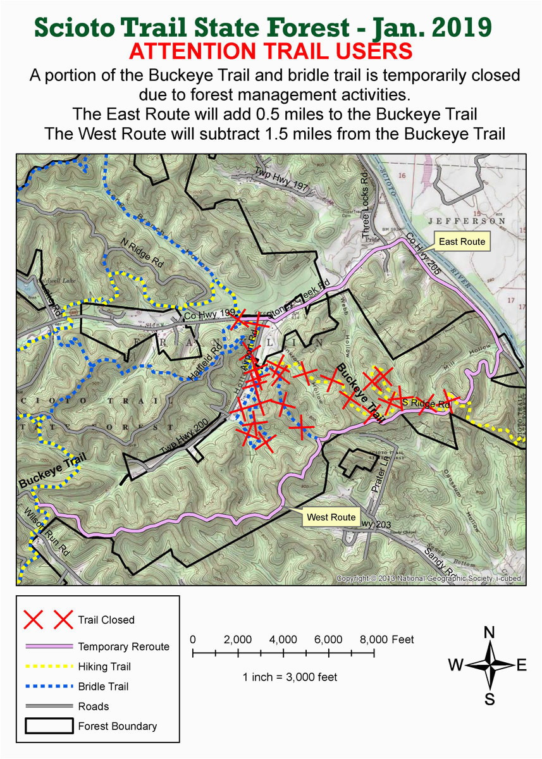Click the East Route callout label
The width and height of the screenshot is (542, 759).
[x=462, y=242]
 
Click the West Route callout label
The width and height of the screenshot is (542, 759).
[x=331, y=517]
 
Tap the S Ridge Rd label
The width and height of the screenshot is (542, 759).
[x=426, y=403]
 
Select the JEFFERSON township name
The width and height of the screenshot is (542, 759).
[x=467, y=222]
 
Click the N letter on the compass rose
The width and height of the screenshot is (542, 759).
[x=489, y=632]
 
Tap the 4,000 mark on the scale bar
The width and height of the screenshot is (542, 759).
[x=283, y=639]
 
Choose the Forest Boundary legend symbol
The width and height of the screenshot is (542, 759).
[x=46, y=726]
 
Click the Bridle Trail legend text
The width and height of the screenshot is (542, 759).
[x=103, y=686]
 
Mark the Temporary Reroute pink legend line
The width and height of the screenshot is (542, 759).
[x=46, y=646]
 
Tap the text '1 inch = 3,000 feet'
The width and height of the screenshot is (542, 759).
[x=290, y=677]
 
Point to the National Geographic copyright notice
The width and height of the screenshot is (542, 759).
[x=429, y=578]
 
